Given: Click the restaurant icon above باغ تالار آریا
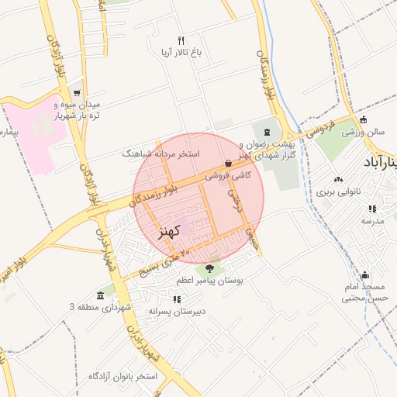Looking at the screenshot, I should coord(181,40).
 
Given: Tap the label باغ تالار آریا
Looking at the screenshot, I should coord(181,54).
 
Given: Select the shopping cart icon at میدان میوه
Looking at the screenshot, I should coord(76,93).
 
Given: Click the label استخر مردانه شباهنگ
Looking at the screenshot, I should coord(161,154).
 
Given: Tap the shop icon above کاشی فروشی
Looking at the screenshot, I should coord(228,164).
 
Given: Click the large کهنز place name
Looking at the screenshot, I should coord(168,231).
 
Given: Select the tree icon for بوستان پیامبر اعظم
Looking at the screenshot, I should coord(209,268).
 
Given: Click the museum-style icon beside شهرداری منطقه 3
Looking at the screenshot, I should coord(101,295).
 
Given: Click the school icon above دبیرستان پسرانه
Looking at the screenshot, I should coord(178,299).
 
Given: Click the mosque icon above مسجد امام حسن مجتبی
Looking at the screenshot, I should coord(364,274).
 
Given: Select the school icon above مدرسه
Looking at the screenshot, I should coord(373,209).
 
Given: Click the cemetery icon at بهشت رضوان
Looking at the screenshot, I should coord(268,132).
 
